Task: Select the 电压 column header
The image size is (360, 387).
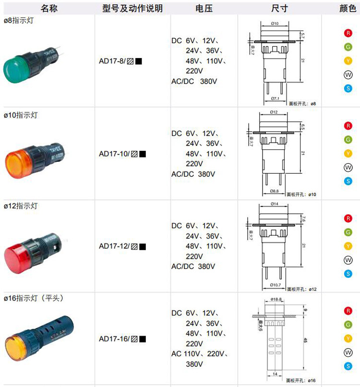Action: point(204,8)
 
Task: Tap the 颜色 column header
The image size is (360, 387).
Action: point(348,8)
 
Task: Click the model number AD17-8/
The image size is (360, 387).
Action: point(112,61)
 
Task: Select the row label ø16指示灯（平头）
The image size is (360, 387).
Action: point(34,298)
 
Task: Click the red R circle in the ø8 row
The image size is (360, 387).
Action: point(348,33)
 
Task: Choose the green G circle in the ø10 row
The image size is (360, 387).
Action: point(348,140)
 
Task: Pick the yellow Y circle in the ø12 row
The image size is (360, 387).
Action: point(348,246)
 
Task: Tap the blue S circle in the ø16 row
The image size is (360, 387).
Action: point(348,366)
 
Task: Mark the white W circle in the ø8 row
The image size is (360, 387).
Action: point(348,74)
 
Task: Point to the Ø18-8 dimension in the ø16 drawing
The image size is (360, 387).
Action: point(276,299)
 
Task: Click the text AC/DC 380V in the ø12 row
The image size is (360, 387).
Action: point(193,266)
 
